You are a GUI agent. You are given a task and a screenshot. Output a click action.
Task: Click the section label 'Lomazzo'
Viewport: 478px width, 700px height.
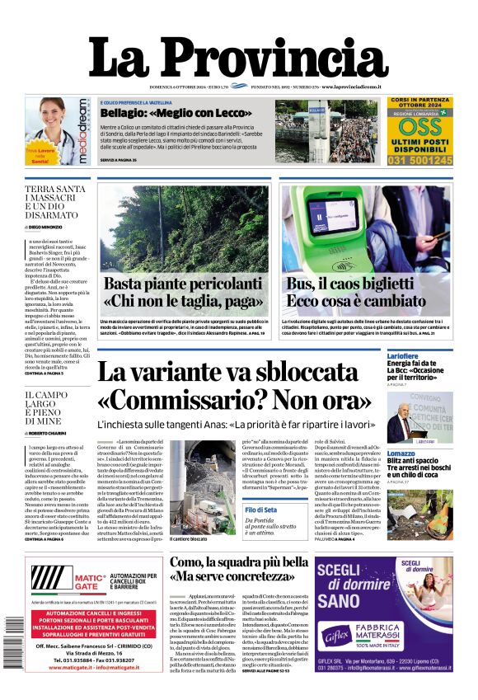[x=401, y=453]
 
